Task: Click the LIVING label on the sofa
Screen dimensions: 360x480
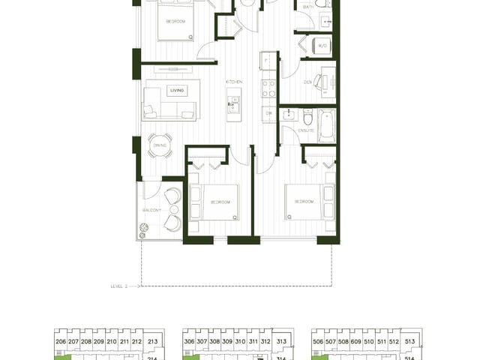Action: click(178, 90)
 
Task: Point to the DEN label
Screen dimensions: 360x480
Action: click(308, 81)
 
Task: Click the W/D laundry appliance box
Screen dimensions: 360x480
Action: click(324, 44)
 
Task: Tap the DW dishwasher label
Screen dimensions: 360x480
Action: click(268, 112)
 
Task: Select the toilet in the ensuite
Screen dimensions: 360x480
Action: click(307, 118)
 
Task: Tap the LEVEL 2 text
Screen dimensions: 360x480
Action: click(121, 286)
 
